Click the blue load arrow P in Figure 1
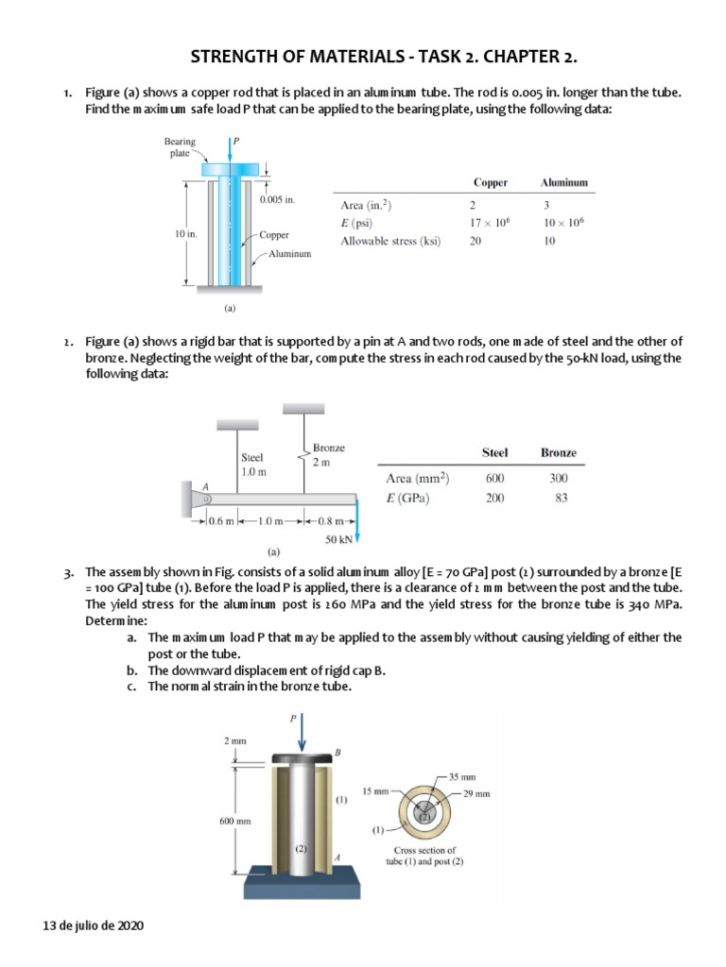229,152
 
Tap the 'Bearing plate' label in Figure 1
181,147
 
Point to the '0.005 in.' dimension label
277,200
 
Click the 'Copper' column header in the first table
490,182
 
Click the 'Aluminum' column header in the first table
564,182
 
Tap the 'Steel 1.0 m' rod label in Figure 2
254,463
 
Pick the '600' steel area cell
494,479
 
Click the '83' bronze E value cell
558,499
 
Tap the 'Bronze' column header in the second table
558,453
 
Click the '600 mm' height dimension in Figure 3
236,821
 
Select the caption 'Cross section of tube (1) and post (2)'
424,856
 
